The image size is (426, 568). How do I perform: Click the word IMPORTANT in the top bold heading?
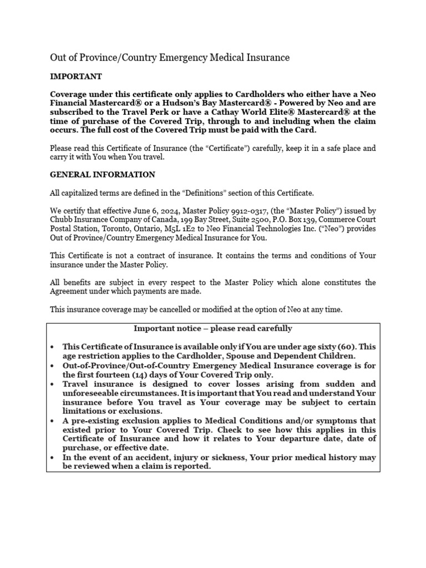pos(76,77)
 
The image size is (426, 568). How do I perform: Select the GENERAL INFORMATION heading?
pos(103,174)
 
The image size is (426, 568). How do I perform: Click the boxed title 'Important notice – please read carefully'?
pos(212,328)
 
